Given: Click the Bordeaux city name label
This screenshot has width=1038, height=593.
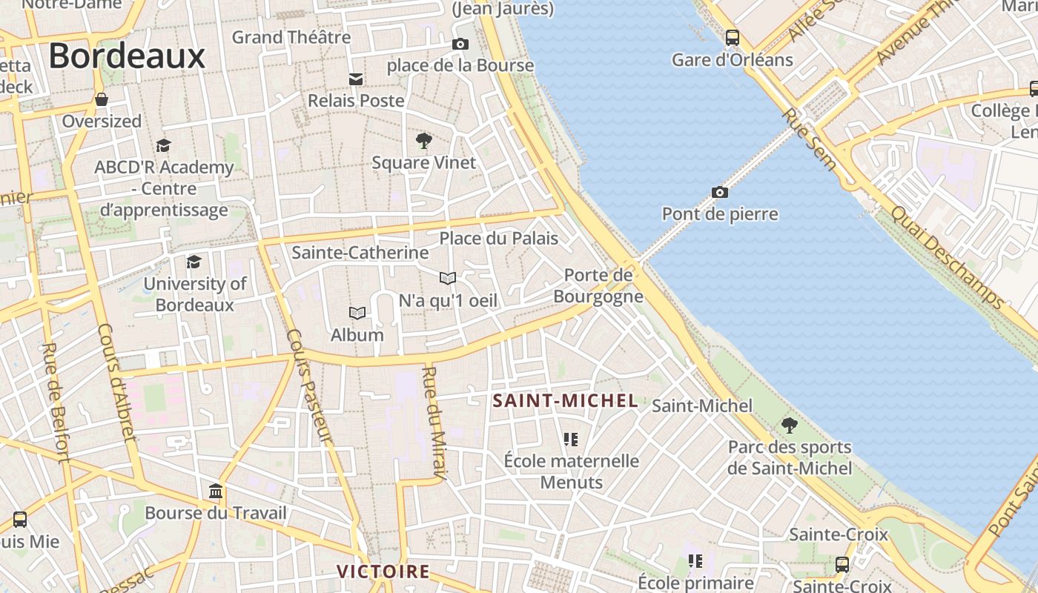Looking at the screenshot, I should coord(127,56).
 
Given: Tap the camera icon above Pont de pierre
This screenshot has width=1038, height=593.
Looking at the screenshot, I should coord(719,193).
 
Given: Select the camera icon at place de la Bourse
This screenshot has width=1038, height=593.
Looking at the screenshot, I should coord(460,44).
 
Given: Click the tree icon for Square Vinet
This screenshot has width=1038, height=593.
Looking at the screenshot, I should coord(423,140).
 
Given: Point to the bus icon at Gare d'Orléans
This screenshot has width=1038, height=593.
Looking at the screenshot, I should coord(733,38).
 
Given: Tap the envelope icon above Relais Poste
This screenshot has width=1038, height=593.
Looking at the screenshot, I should coord(356,79).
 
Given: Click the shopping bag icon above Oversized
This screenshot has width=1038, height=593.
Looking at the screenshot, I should coord(102,99).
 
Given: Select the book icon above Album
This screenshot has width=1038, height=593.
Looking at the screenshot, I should coord(357,314).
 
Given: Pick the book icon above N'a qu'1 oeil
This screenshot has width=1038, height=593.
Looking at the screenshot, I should coord(447,279).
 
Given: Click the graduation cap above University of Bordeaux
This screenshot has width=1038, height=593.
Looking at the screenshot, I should coord(194,262).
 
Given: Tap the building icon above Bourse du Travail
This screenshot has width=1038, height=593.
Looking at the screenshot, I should coord(216,491).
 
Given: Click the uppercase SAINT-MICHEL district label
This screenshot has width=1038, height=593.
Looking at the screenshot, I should coord(565,401).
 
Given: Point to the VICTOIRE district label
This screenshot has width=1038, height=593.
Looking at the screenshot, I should coord(383,572).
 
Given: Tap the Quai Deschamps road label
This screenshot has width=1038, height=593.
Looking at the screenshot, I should coord(948,256).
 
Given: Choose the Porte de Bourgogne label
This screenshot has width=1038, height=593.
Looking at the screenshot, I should coord(598,286).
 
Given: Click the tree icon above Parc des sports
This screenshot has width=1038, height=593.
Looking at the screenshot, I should coord(790,425).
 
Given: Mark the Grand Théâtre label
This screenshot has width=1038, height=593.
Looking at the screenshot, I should coord(291,37).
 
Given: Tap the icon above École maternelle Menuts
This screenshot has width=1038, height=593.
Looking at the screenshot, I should coord(570,440).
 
